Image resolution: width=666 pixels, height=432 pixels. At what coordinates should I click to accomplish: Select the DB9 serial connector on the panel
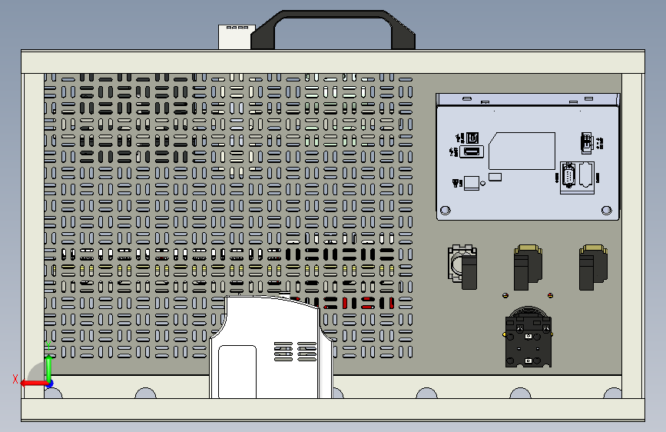568,176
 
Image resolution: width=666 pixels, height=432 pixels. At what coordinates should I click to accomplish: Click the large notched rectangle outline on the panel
522,151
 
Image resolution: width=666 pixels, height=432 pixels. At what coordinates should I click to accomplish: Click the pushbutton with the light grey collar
463,266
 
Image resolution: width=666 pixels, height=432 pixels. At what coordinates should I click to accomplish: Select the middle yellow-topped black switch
527,266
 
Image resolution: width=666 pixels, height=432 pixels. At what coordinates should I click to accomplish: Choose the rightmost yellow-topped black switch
592,266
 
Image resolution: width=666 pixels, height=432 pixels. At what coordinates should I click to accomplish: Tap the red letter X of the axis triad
15,378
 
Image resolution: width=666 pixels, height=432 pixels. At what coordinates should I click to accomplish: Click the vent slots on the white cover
296,352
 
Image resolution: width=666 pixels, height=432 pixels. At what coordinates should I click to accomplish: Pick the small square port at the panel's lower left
471,183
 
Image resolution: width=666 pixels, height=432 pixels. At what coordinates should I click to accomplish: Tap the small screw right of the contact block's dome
551,295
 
